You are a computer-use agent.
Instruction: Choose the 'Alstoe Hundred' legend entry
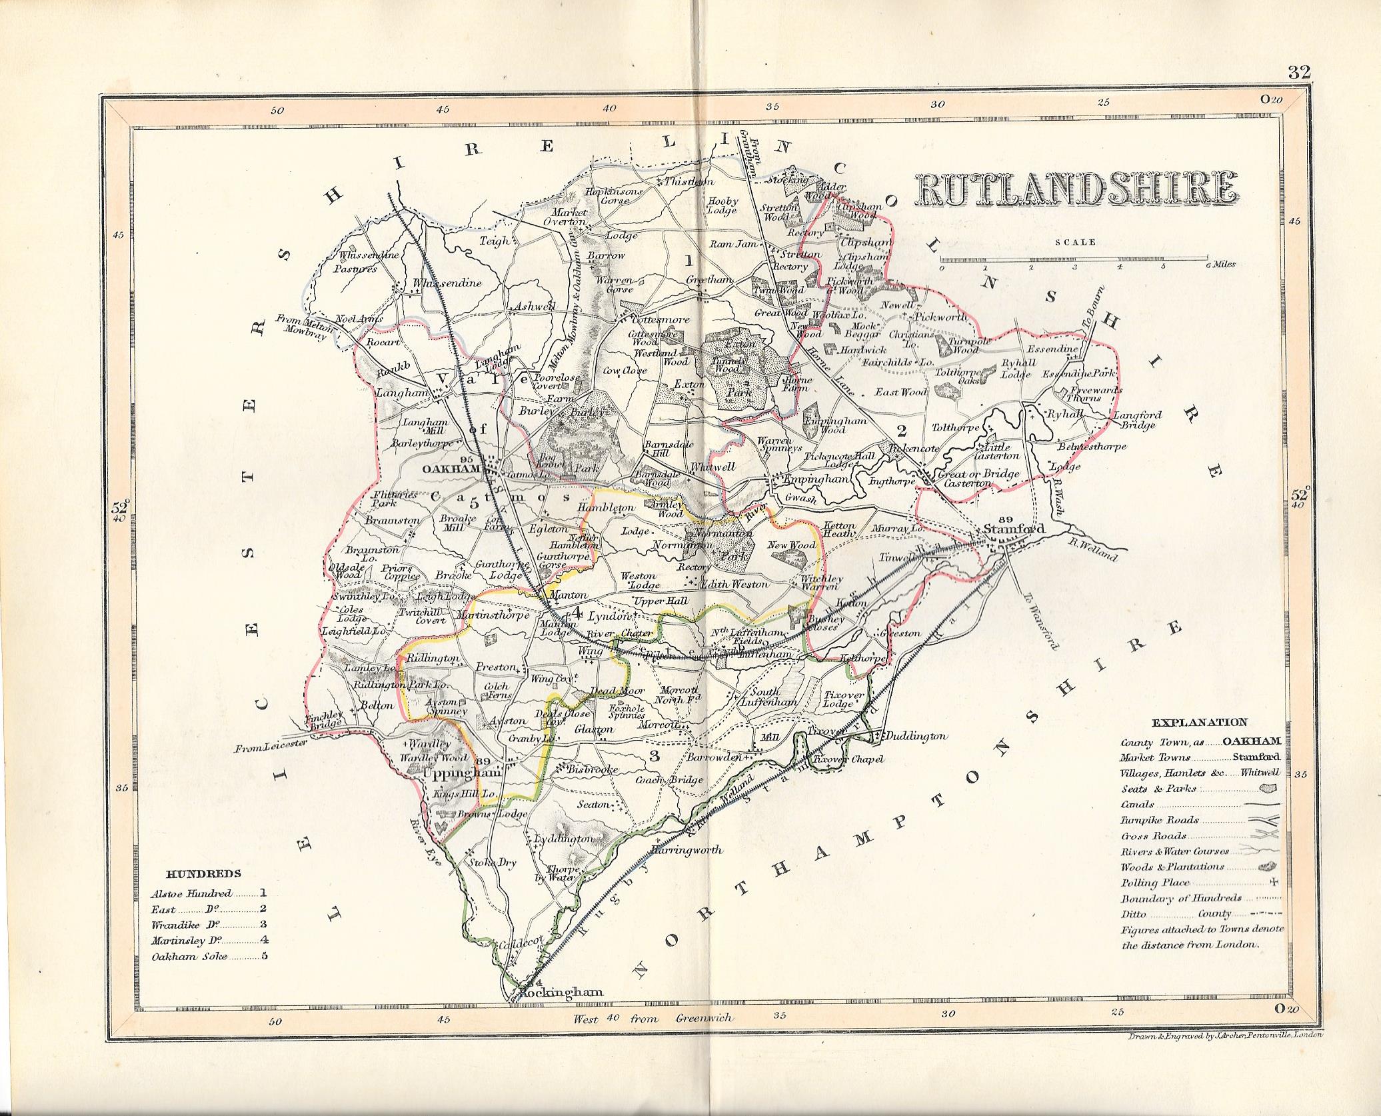click(191, 894)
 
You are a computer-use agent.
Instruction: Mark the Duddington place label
click(915, 736)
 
